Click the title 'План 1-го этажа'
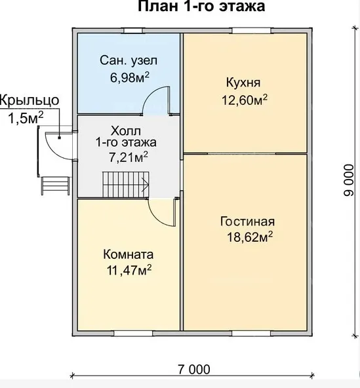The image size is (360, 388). [x=201, y=6]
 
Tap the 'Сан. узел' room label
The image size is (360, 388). [x=129, y=60]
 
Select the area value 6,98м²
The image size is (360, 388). [x=130, y=77]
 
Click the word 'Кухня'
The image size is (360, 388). [x=243, y=83]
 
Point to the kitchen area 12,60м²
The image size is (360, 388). [x=245, y=100]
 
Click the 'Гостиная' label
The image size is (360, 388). [x=248, y=222]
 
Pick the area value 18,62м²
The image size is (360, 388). [x=250, y=237]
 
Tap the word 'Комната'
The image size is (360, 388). [x=129, y=254]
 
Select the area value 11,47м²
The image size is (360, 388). [x=129, y=270]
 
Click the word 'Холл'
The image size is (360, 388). [x=126, y=131]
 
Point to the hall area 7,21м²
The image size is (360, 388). [x=129, y=157]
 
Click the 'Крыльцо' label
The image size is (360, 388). [x=30, y=101]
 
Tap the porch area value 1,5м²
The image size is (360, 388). [x=26, y=118]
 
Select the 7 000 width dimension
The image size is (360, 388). [x=194, y=370]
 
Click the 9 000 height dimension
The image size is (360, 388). [x=349, y=180]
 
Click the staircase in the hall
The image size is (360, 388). [x=126, y=185]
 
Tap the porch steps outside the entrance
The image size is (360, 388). [x=56, y=185]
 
